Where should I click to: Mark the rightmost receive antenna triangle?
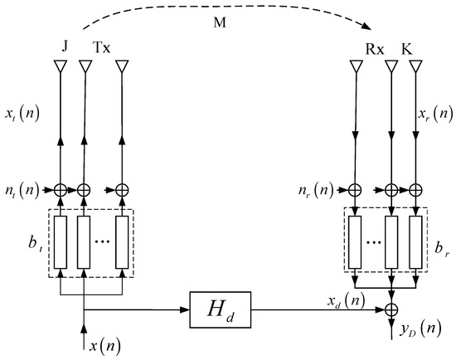click(417, 67)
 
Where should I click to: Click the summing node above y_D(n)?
click(389, 310)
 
